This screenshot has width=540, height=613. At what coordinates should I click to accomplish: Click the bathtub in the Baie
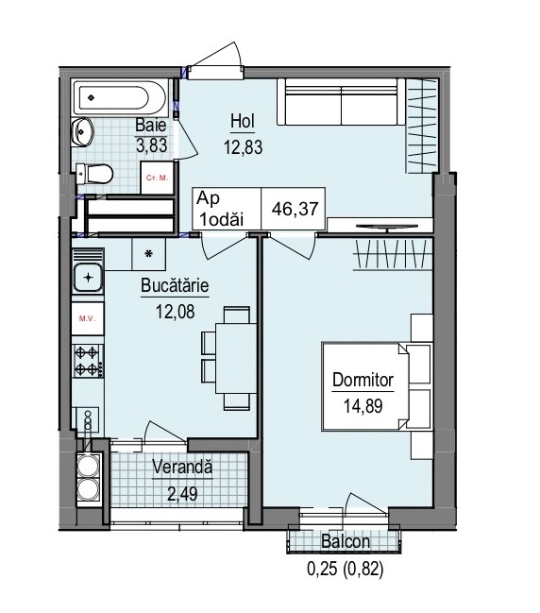point(120,97)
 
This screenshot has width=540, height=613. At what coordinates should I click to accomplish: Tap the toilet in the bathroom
point(94,174)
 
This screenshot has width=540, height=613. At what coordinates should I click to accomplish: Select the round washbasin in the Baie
point(82,131)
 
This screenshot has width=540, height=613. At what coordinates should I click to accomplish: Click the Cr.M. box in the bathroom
point(157,178)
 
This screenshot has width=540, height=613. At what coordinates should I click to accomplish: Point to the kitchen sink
point(89,278)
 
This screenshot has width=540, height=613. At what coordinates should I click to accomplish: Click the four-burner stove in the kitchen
point(89,360)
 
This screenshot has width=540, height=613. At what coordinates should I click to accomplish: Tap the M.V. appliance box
point(88,318)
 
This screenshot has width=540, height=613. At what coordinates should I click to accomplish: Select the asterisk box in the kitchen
point(148,254)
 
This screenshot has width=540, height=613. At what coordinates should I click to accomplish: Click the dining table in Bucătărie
point(236,358)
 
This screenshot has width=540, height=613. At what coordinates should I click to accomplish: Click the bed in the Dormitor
point(377,386)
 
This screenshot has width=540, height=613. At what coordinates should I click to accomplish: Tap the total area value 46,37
point(295,209)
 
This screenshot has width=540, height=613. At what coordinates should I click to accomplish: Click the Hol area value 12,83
point(243,147)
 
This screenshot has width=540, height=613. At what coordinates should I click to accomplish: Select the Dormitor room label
point(363,380)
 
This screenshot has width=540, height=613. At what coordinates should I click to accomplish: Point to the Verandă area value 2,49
point(182,494)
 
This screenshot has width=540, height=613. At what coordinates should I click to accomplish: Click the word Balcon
point(346,542)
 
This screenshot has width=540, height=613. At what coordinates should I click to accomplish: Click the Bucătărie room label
point(175,286)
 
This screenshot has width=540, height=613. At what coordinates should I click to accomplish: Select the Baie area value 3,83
point(152,145)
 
